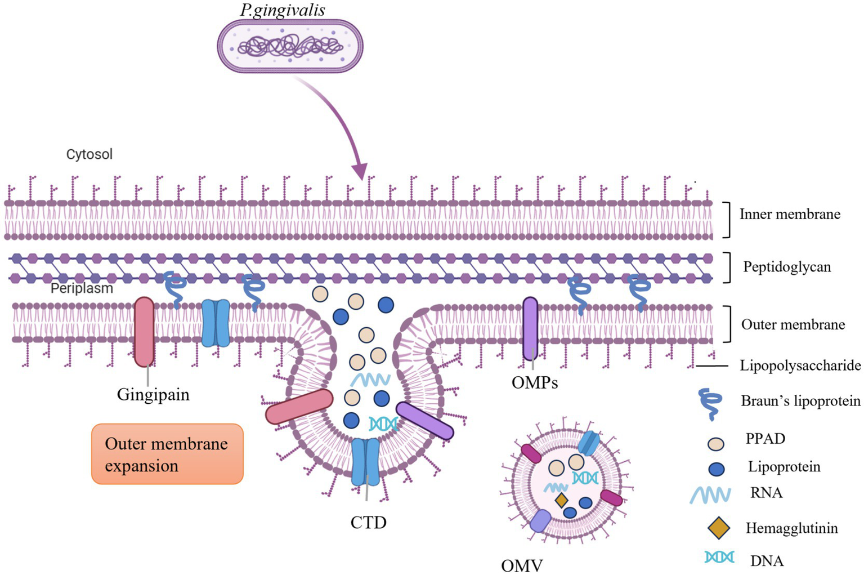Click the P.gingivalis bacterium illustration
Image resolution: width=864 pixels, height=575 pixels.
(290, 46)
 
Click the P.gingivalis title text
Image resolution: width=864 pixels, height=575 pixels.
(283, 10)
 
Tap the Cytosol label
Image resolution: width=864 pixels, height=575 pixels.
(89, 154)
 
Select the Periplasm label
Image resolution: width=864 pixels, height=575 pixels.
(82, 288)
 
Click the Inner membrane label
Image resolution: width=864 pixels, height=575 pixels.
(789, 214)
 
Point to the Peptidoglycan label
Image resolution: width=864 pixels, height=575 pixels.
(786, 267)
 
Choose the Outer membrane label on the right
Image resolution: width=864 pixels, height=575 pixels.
(793, 324)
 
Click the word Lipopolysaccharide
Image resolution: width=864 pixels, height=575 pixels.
(800, 365)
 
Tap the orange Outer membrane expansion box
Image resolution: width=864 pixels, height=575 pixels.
(167, 454)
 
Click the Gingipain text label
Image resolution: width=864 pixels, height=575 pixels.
(153, 394)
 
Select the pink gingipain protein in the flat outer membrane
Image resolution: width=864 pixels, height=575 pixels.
(144, 332)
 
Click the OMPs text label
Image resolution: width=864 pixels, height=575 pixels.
(534, 383)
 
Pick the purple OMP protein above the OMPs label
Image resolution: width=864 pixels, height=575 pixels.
(530, 328)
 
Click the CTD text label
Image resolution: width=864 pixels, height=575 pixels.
(368, 523)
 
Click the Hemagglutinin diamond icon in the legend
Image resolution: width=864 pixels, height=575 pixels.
(718, 528)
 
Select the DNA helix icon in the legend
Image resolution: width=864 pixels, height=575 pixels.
(719, 557)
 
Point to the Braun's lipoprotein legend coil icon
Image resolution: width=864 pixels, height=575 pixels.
(710, 404)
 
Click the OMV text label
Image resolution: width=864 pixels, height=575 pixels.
(521, 565)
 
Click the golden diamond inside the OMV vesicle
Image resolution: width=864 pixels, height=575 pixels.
(561, 500)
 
